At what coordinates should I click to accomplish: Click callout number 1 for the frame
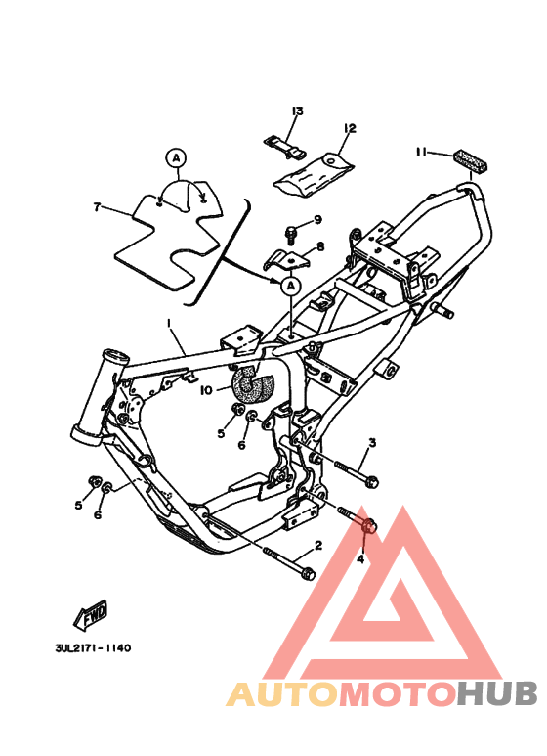pyautogui.click(x=168, y=324)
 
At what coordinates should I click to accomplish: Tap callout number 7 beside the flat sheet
pyautogui.click(x=97, y=207)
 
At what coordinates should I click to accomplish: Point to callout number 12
pyautogui.click(x=349, y=128)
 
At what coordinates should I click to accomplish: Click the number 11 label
pyautogui.click(x=420, y=152)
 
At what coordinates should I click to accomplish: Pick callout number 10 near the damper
pyautogui.click(x=206, y=389)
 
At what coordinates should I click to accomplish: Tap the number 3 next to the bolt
pyautogui.click(x=372, y=444)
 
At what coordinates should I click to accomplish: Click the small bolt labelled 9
pyautogui.click(x=290, y=233)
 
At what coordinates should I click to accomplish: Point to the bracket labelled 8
pyautogui.click(x=285, y=258)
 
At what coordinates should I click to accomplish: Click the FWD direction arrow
pyautogui.click(x=91, y=616)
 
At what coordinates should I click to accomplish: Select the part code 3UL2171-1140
pyautogui.click(x=93, y=648)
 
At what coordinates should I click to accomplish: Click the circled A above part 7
pyautogui.click(x=176, y=156)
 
